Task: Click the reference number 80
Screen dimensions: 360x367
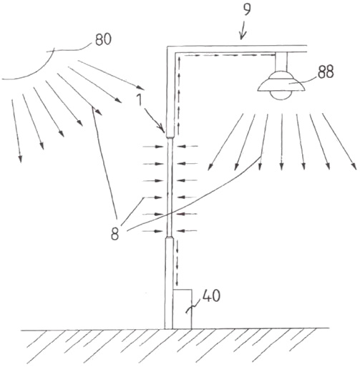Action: (x=103, y=39)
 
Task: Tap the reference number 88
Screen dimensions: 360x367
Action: (x=326, y=72)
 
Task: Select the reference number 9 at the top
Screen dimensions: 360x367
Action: (x=247, y=10)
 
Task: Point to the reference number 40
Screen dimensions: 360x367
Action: (x=211, y=296)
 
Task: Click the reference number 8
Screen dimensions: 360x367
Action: (x=115, y=233)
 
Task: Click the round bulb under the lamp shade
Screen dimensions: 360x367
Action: (x=281, y=95)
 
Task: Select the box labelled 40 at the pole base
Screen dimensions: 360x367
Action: (x=182, y=309)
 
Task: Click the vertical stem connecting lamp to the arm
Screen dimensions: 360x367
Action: (x=281, y=62)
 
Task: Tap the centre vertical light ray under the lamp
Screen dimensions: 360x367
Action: (x=282, y=142)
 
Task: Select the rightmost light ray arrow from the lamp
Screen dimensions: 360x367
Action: (x=339, y=142)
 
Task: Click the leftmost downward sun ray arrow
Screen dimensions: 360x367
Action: (x=16, y=131)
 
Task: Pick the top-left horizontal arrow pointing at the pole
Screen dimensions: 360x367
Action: (x=153, y=147)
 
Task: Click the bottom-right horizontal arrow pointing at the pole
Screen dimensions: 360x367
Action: (x=188, y=230)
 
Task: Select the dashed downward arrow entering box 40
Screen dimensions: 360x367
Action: (x=177, y=263)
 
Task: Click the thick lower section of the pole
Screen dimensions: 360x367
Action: (x=169, y=283)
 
